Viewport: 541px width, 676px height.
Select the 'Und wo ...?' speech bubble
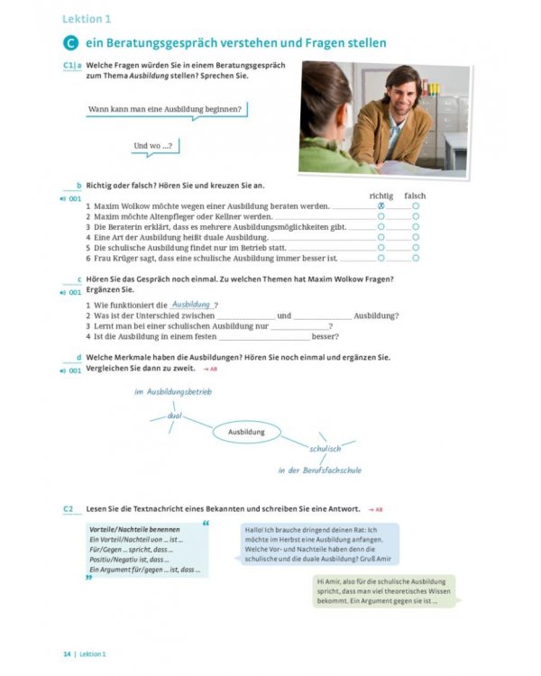(x=152, y=145)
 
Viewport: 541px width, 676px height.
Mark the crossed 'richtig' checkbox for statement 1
(x=381, y=206)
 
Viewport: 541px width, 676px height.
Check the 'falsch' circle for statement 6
(x=416, y=257)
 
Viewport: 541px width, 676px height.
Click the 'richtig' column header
(x=381, y=196)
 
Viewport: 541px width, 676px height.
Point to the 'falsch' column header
(x=415, y=196)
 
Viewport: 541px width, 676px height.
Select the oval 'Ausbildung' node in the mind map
(x=246, y=433)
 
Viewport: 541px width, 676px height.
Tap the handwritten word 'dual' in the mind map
(x=174, y=416)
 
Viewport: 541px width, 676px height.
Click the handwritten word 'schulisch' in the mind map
(x=325, y=448)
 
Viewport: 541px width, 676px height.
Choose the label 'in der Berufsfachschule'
(x=319, y=470)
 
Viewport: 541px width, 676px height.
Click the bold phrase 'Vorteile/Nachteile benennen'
(x=134, y=529)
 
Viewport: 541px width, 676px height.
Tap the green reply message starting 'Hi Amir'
(x=384, y=590)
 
